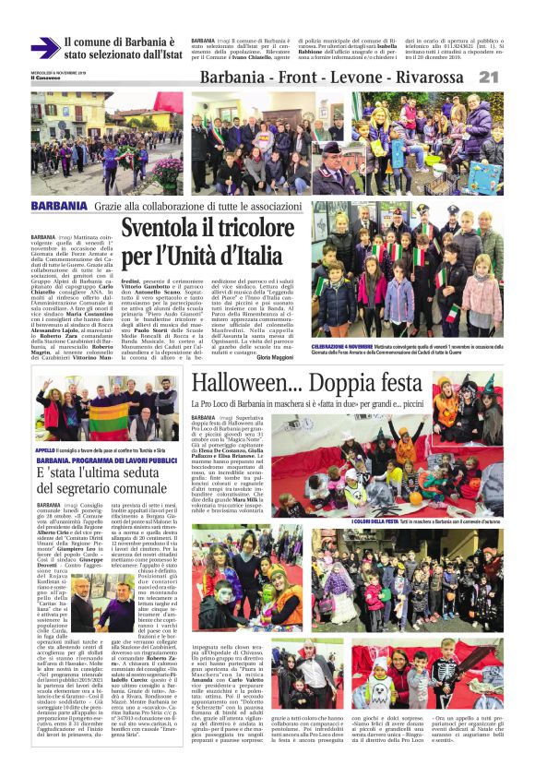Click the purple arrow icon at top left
(x=43, y=48)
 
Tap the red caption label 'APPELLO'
(x=45, y=449)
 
